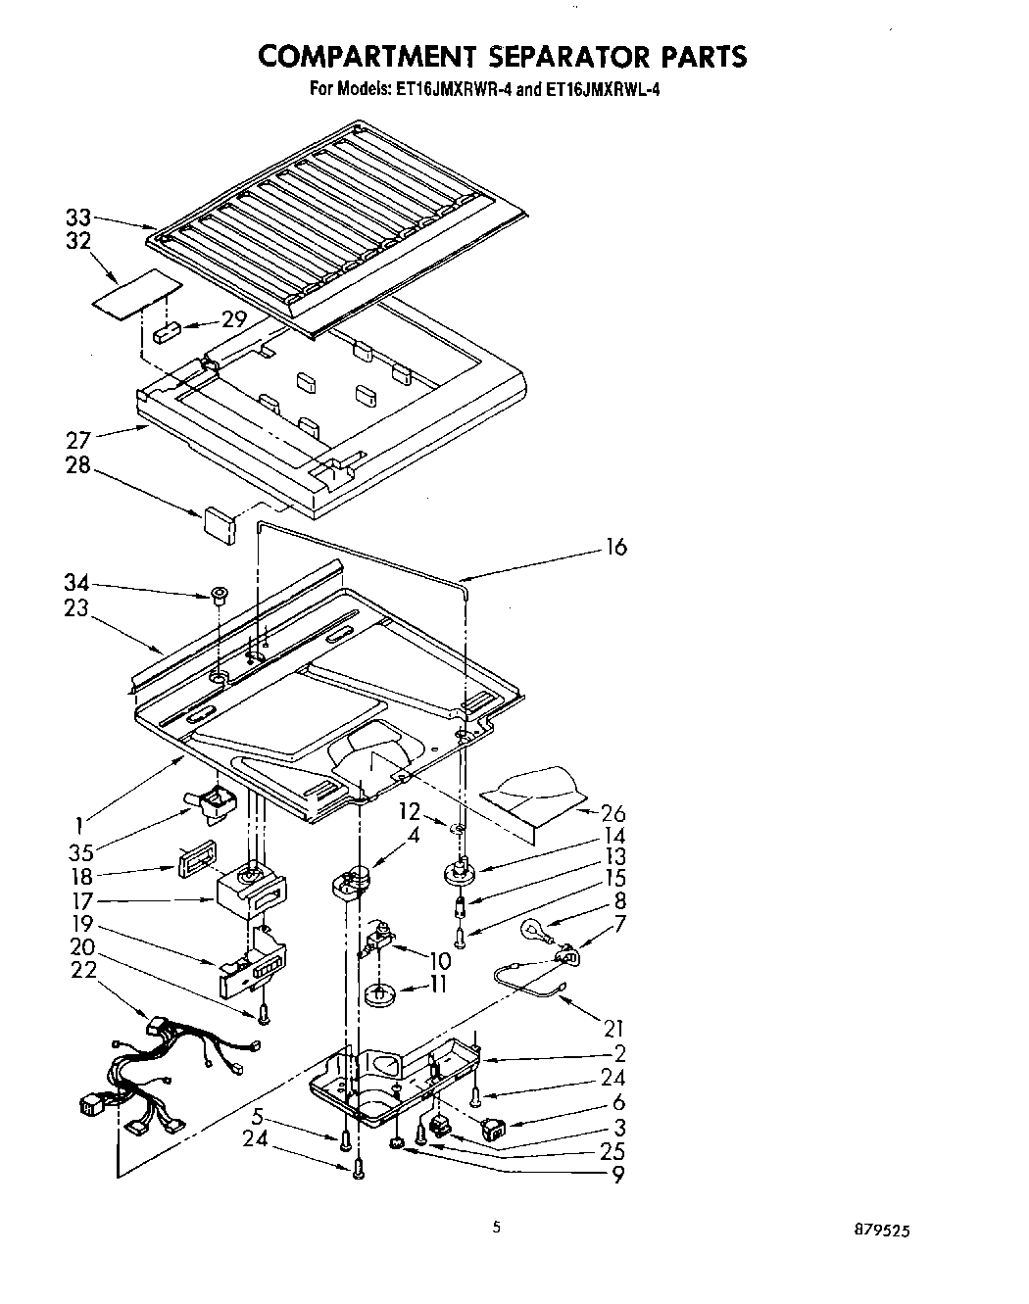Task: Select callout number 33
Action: (x=78, y=219)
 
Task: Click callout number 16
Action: (x=615, y=547)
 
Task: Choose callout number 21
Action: (x=614, y=1028)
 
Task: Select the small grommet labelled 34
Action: (x=219, y=594)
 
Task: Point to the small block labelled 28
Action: (x=220, y=519)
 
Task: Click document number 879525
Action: (x=887, y=1232)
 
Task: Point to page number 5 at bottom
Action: (x=497, y=1226)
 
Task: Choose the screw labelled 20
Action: (x=263, y=1014)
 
